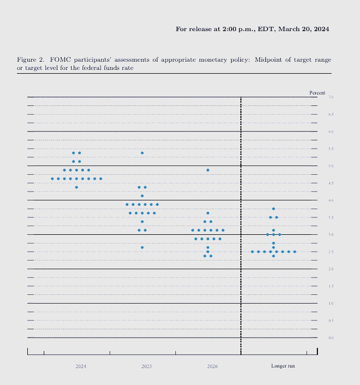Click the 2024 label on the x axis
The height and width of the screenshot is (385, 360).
point(81,366)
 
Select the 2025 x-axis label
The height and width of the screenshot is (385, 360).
point(146,366)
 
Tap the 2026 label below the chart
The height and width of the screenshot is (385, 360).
point(212,366)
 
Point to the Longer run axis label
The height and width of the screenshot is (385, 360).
point(283,366)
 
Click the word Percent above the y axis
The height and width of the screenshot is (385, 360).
point(317,93)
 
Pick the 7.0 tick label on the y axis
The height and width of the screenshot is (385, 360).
point(331,97)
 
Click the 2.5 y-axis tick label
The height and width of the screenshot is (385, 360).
point(331,252)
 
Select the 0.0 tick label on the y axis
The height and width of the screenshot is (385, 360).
point(331,338)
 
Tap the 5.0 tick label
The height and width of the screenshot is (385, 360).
point(331,166)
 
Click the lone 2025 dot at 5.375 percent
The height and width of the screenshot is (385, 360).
point(142,153)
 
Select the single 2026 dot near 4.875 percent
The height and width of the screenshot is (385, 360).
point(208,170)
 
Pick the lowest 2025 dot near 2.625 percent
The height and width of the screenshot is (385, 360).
point(142,247)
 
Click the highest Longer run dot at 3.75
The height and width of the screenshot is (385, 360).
point(273,209)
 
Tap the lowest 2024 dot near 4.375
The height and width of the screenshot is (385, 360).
point(76,187)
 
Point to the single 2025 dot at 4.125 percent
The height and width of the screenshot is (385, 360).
point(142,196)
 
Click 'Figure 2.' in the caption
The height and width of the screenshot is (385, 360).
point(29,59)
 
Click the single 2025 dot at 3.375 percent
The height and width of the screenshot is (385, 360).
point(142,222)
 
